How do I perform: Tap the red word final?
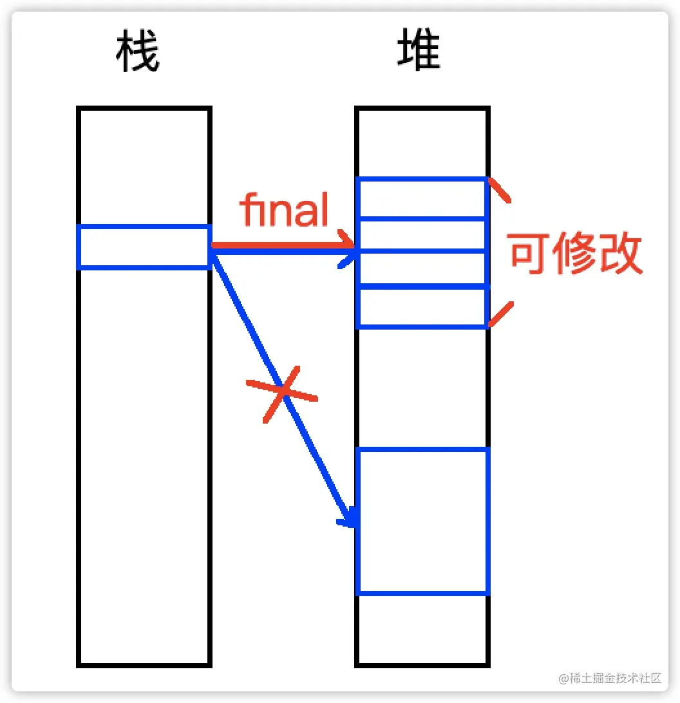coord(285,210)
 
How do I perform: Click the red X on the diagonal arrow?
coord(281,393)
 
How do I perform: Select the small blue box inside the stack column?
coord(144,247)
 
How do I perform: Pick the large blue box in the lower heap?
coord(422,521)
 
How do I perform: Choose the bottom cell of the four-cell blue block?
coord(422,307)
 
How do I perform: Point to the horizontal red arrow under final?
coord(283,245)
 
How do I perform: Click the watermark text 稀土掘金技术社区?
coord(616,678)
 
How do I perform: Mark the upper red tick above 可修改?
coord(499,191)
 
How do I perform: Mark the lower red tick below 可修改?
coord(501,314)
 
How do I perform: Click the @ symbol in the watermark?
coord(563,679)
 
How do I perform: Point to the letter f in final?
coord(247,210)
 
